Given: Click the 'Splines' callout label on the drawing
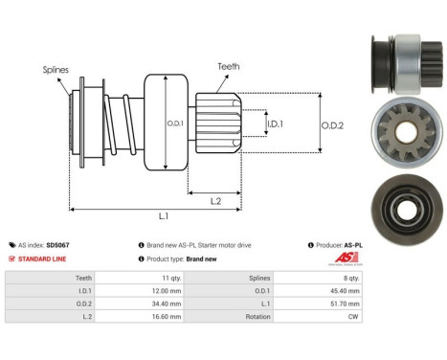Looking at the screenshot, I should click(x=55, y=70).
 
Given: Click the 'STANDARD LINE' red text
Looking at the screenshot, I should click(x=44, y=259).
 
